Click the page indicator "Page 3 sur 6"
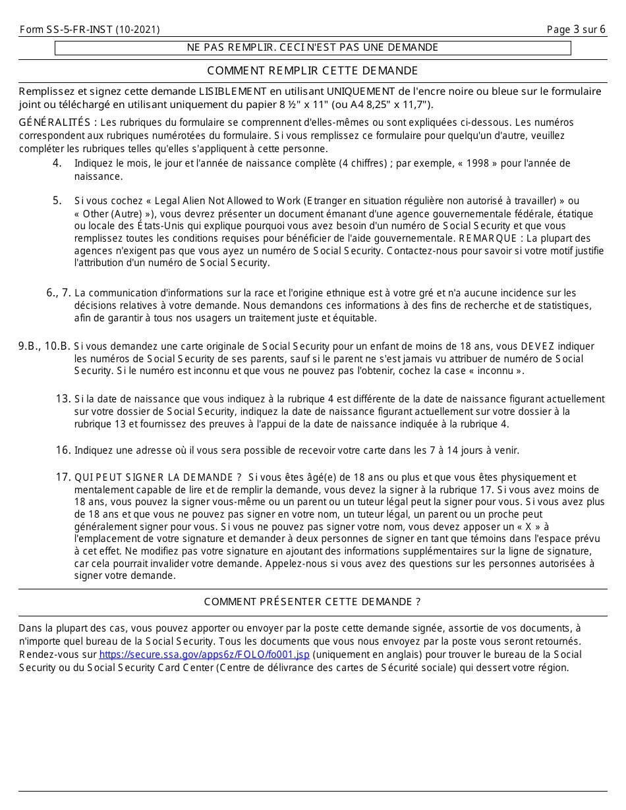pyautogui.click(x=576, y=30)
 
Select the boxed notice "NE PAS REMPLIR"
pyautogui.click(x=312, y=47)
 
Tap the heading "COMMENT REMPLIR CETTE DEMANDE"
pyautogui.click(x=312, y=70)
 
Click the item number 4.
pyautogui.click(x=57, y=163)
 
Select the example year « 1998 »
pyautogui.click(x=473, y=163)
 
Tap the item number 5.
pyautogui.click(x=57, y=201)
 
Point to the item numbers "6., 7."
pyautogui.click(x=59, y=293)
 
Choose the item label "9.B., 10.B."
pyautogui.click(x=44, y=346)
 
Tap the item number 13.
pyautogui.click(x=63, y=398)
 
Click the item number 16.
pyautogui.click(x=63, y=450)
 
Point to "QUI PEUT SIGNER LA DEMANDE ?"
pyautogui.click(x=157, y=477)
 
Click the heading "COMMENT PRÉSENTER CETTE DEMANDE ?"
pyautogui.click(x=312, y=602)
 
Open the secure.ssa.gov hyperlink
pyautogui.click(x=204, y=655)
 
